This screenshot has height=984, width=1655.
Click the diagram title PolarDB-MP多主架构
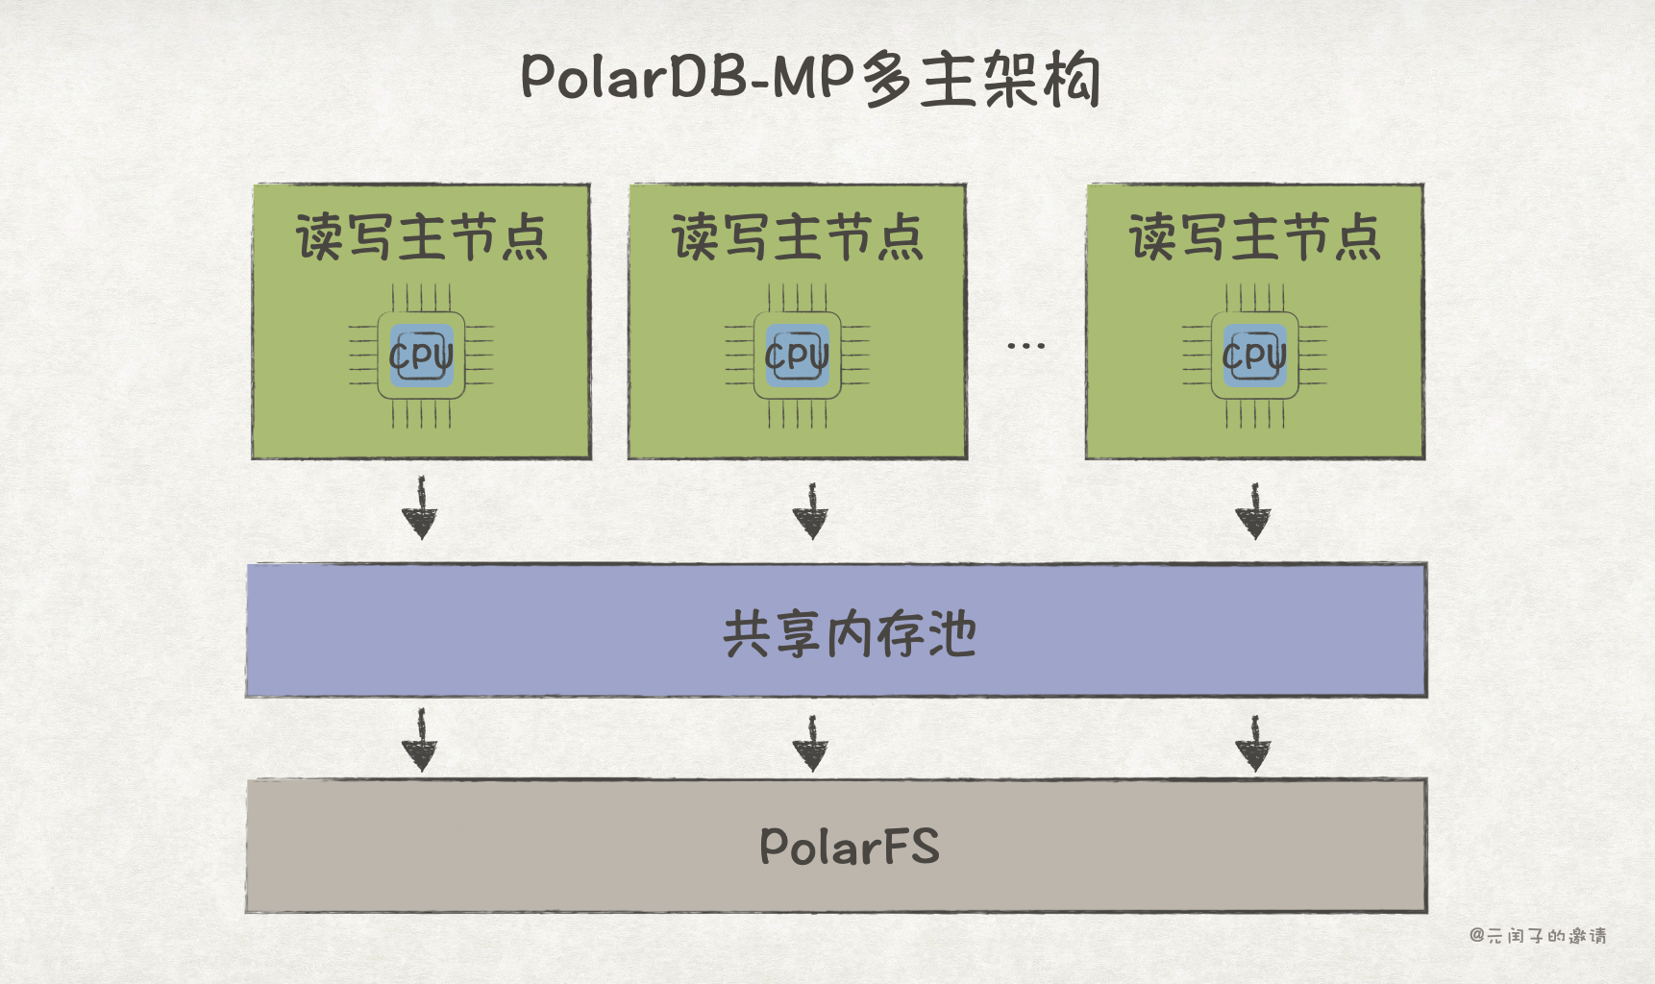pyautogui.click(x=810, y=78)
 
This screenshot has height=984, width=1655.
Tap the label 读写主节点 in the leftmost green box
pyautogui.click(x=421, y=237)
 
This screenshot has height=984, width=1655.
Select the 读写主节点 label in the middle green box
pyautogui.click(x=797, y=237)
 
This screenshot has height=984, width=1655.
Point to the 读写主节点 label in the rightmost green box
pyautogui.click(x=1254, y=237)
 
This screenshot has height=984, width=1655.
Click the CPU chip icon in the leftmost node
pyautogui.click(x=421, y=356)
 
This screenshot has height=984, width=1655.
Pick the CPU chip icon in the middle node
pyautogui.click(x=797, y=356)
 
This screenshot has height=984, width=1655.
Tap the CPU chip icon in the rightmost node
pyautogui.click(x=1254, y=356)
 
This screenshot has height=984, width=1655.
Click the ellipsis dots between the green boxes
pyautogui.click(x=1025, y=345)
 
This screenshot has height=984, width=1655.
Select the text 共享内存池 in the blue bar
pyautogui.click(x=850, y=634)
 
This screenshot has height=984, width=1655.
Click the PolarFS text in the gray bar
pyautogui.click(x=850, y=847)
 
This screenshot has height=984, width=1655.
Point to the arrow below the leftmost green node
pyautogui.click(x=420, y=509)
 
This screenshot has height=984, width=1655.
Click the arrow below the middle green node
pyautogui.click(x=810, y=511)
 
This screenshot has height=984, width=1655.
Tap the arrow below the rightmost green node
pyautogui.click(x=1253, y=511)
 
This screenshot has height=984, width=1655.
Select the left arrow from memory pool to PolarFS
pyautogui.click(x=420, y=740)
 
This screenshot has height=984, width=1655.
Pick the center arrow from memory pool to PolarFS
pyautogui.click(x=811, y=743)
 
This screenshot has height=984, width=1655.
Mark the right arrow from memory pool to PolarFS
pyautogui.click(x=1253, y=743)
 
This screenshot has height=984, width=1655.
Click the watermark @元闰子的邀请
pyautogui.click(x=1538, y=935)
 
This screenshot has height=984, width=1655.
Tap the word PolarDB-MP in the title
pyautogui.click(x=687, y=76)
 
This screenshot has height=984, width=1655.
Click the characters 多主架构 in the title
pyautogui.click(x=980, y=79)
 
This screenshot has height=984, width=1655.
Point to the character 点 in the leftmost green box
pyautogui.click(x=524, y=238)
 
